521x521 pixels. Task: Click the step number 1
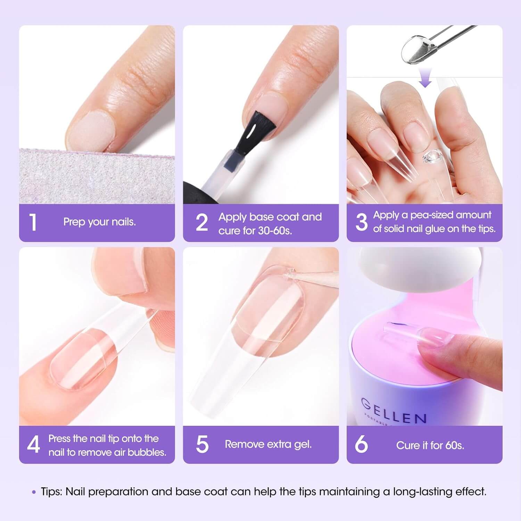click(x=33, y=222)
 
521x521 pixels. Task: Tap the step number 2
click(x=202, y=222)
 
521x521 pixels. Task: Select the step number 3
click(x=362, y=222)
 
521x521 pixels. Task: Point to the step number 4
click(x=33, y=445)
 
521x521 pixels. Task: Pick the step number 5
click(x=202, y=445)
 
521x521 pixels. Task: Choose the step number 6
click(x=361, y=445)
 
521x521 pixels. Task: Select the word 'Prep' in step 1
click(x=72, y=222)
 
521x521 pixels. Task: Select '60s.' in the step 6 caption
click(x=453, y=445)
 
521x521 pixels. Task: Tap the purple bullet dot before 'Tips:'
click(x=34, y=492)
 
